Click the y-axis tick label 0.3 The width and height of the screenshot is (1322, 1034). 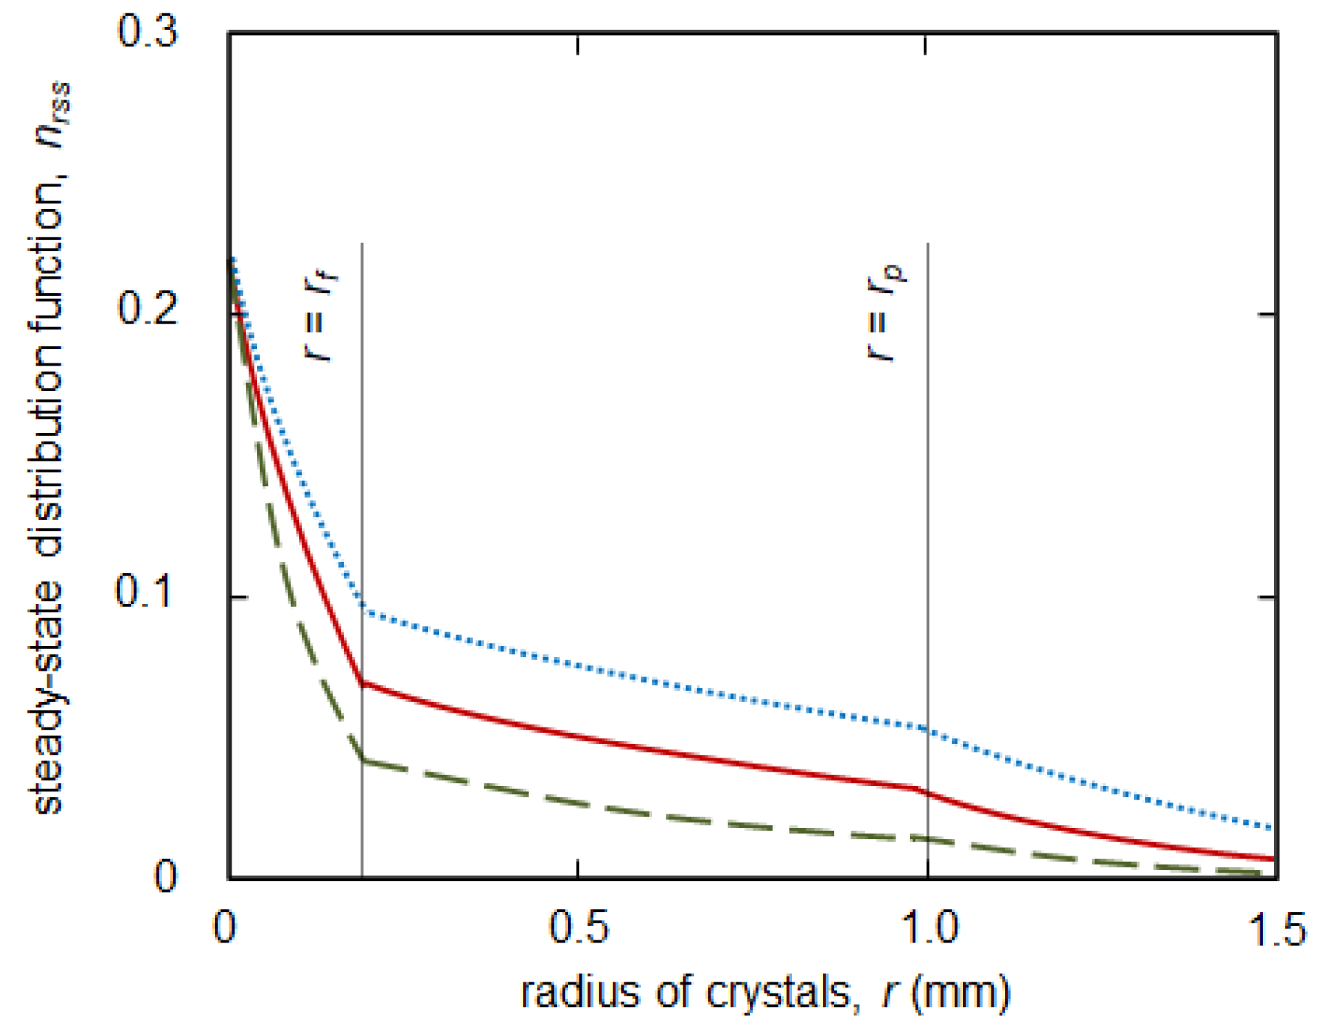tap(148, 33)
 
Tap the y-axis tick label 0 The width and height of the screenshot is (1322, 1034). tap(166, 875)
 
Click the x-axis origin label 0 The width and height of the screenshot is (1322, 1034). tap(225, 928)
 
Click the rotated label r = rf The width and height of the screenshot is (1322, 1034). tap(321, 315)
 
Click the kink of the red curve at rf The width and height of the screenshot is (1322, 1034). tap(363, 683)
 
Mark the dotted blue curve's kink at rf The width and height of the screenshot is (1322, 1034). tap(363, 611)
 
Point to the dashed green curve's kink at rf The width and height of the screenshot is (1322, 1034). tap(363, 761)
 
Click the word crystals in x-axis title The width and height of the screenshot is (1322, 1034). tap(779, 993)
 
